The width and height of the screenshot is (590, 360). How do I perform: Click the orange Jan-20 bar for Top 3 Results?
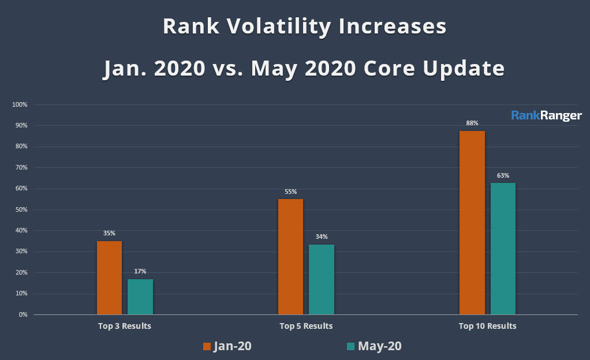click(109, 277)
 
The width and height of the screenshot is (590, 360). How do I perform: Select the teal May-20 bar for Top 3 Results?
click(140, 297)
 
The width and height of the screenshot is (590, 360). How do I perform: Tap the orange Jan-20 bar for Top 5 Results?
click(290, 257)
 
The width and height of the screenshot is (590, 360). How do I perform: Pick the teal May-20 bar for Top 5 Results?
click(322, 279)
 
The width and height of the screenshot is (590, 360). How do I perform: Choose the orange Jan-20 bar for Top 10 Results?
click(472, 223)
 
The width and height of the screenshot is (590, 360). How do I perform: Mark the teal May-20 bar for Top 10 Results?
click(503, 249)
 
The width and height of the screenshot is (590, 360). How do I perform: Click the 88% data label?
click(472, 123)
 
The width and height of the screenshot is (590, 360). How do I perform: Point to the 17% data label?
click(140, 271)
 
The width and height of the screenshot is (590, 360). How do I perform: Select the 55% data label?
click(290, 191)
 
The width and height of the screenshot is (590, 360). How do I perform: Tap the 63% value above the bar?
click(503, 175)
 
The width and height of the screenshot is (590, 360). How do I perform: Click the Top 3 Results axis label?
click(125, 326)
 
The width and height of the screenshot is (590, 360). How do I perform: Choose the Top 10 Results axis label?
click(487, 326)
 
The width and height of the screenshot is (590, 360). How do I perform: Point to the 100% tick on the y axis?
click(20, 104)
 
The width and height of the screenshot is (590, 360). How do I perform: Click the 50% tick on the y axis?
click(21, 209)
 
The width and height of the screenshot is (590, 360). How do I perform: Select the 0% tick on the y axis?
click(23, 314)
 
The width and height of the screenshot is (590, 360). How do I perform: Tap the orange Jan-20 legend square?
click(207, 346)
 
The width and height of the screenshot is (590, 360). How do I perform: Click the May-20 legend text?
click(379, 346)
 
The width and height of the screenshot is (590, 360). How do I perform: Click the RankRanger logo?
click(546, 115)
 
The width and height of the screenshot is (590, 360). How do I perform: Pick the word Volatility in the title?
click(278, 27)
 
